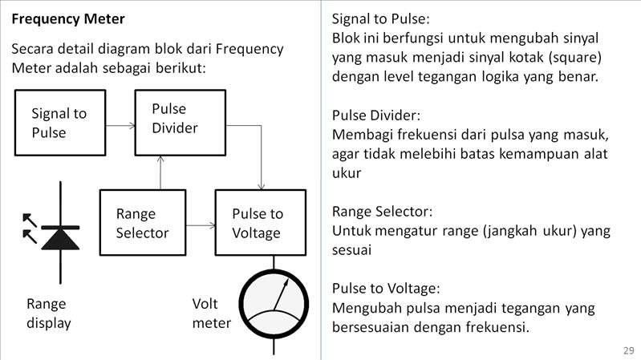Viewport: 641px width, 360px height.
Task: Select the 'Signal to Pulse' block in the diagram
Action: [x=59, y=123]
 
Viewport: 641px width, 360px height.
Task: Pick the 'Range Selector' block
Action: [x=142, y=224]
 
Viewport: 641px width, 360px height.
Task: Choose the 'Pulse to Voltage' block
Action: [x=260, y=224]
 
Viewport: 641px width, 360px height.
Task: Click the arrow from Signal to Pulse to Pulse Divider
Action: [x=120, y=126]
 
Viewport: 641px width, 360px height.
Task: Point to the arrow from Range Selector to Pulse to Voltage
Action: [x=200, y=224]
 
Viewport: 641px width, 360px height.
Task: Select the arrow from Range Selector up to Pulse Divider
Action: [x=161, y=172]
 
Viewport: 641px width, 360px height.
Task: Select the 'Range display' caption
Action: [x=48, y=313]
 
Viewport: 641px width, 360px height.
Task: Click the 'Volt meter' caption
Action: [x=211, y=313]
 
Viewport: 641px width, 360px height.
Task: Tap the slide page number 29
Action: [x=627, y=350]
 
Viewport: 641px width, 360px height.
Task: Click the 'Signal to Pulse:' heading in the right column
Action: [x=379, y=18]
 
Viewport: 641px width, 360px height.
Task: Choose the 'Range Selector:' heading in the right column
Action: [x=382, y=212]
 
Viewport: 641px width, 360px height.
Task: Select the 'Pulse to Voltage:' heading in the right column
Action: [x=386, y=289]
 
